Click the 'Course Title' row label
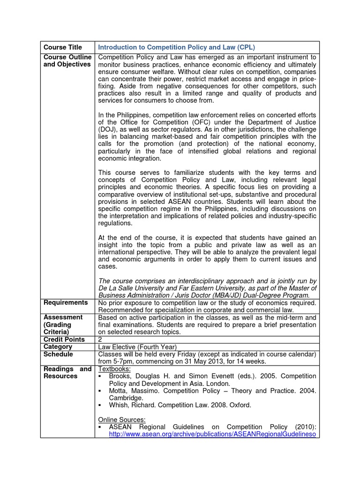[x=62, y=47]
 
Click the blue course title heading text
[x=176, y=47]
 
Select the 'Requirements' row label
[x=66, y=303]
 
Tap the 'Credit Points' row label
[x=64, y=339]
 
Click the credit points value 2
[x=100, y=339]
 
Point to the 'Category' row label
[x=58, y=347]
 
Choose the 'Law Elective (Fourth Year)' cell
[x=137, y=347]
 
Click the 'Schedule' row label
[x=58, y=354]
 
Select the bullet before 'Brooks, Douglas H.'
[x=100, y=376]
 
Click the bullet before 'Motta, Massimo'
[x=100, y=391]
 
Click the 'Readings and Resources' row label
[x=67, y=373]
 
